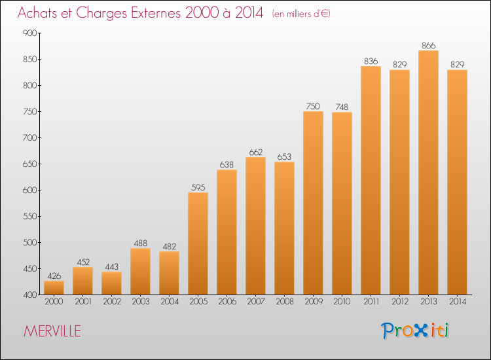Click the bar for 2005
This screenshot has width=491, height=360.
pyautogui.click(x=198, y=243)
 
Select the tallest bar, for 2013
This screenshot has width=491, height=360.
pyautogui.click(x=428, y=173)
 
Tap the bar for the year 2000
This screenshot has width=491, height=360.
pyautogui.click(x=54, y=288)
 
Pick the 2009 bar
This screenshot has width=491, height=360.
pyautogui.click(x=313, y=203)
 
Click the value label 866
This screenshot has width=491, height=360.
pyautogui.click(x=428, y=46)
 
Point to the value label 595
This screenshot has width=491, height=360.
pyautogui.click(x=198, y=187)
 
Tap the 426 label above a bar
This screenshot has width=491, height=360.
pyautogui.click(x=54, y=276)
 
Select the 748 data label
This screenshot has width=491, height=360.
pyautogui.click(x=342, y=107)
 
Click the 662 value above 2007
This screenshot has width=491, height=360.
pyautogui.click(x=255, y=153)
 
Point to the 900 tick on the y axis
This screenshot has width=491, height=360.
pyautogui.click(x=29, y=33)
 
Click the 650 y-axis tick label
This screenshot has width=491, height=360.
pyautogui.click(x=29, y=164)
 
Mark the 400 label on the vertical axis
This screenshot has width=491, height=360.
pyautogui.click(x=29, y=295)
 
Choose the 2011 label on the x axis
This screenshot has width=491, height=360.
pyautogui.click(x=371, y=302)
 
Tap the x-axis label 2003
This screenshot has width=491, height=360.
pyautogui.click(x=141, y=302)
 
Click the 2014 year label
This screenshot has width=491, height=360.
pyautogui.click(x=458, y=302)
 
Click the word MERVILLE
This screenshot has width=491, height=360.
pyautogui.click(x=52, y=331)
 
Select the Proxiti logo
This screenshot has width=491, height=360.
pyautogui.click(x=414, y=331)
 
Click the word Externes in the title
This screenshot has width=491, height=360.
pyautogui.click(x=156, y=13)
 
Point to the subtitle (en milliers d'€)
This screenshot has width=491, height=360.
pyautogui.click(x=301, y=14)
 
